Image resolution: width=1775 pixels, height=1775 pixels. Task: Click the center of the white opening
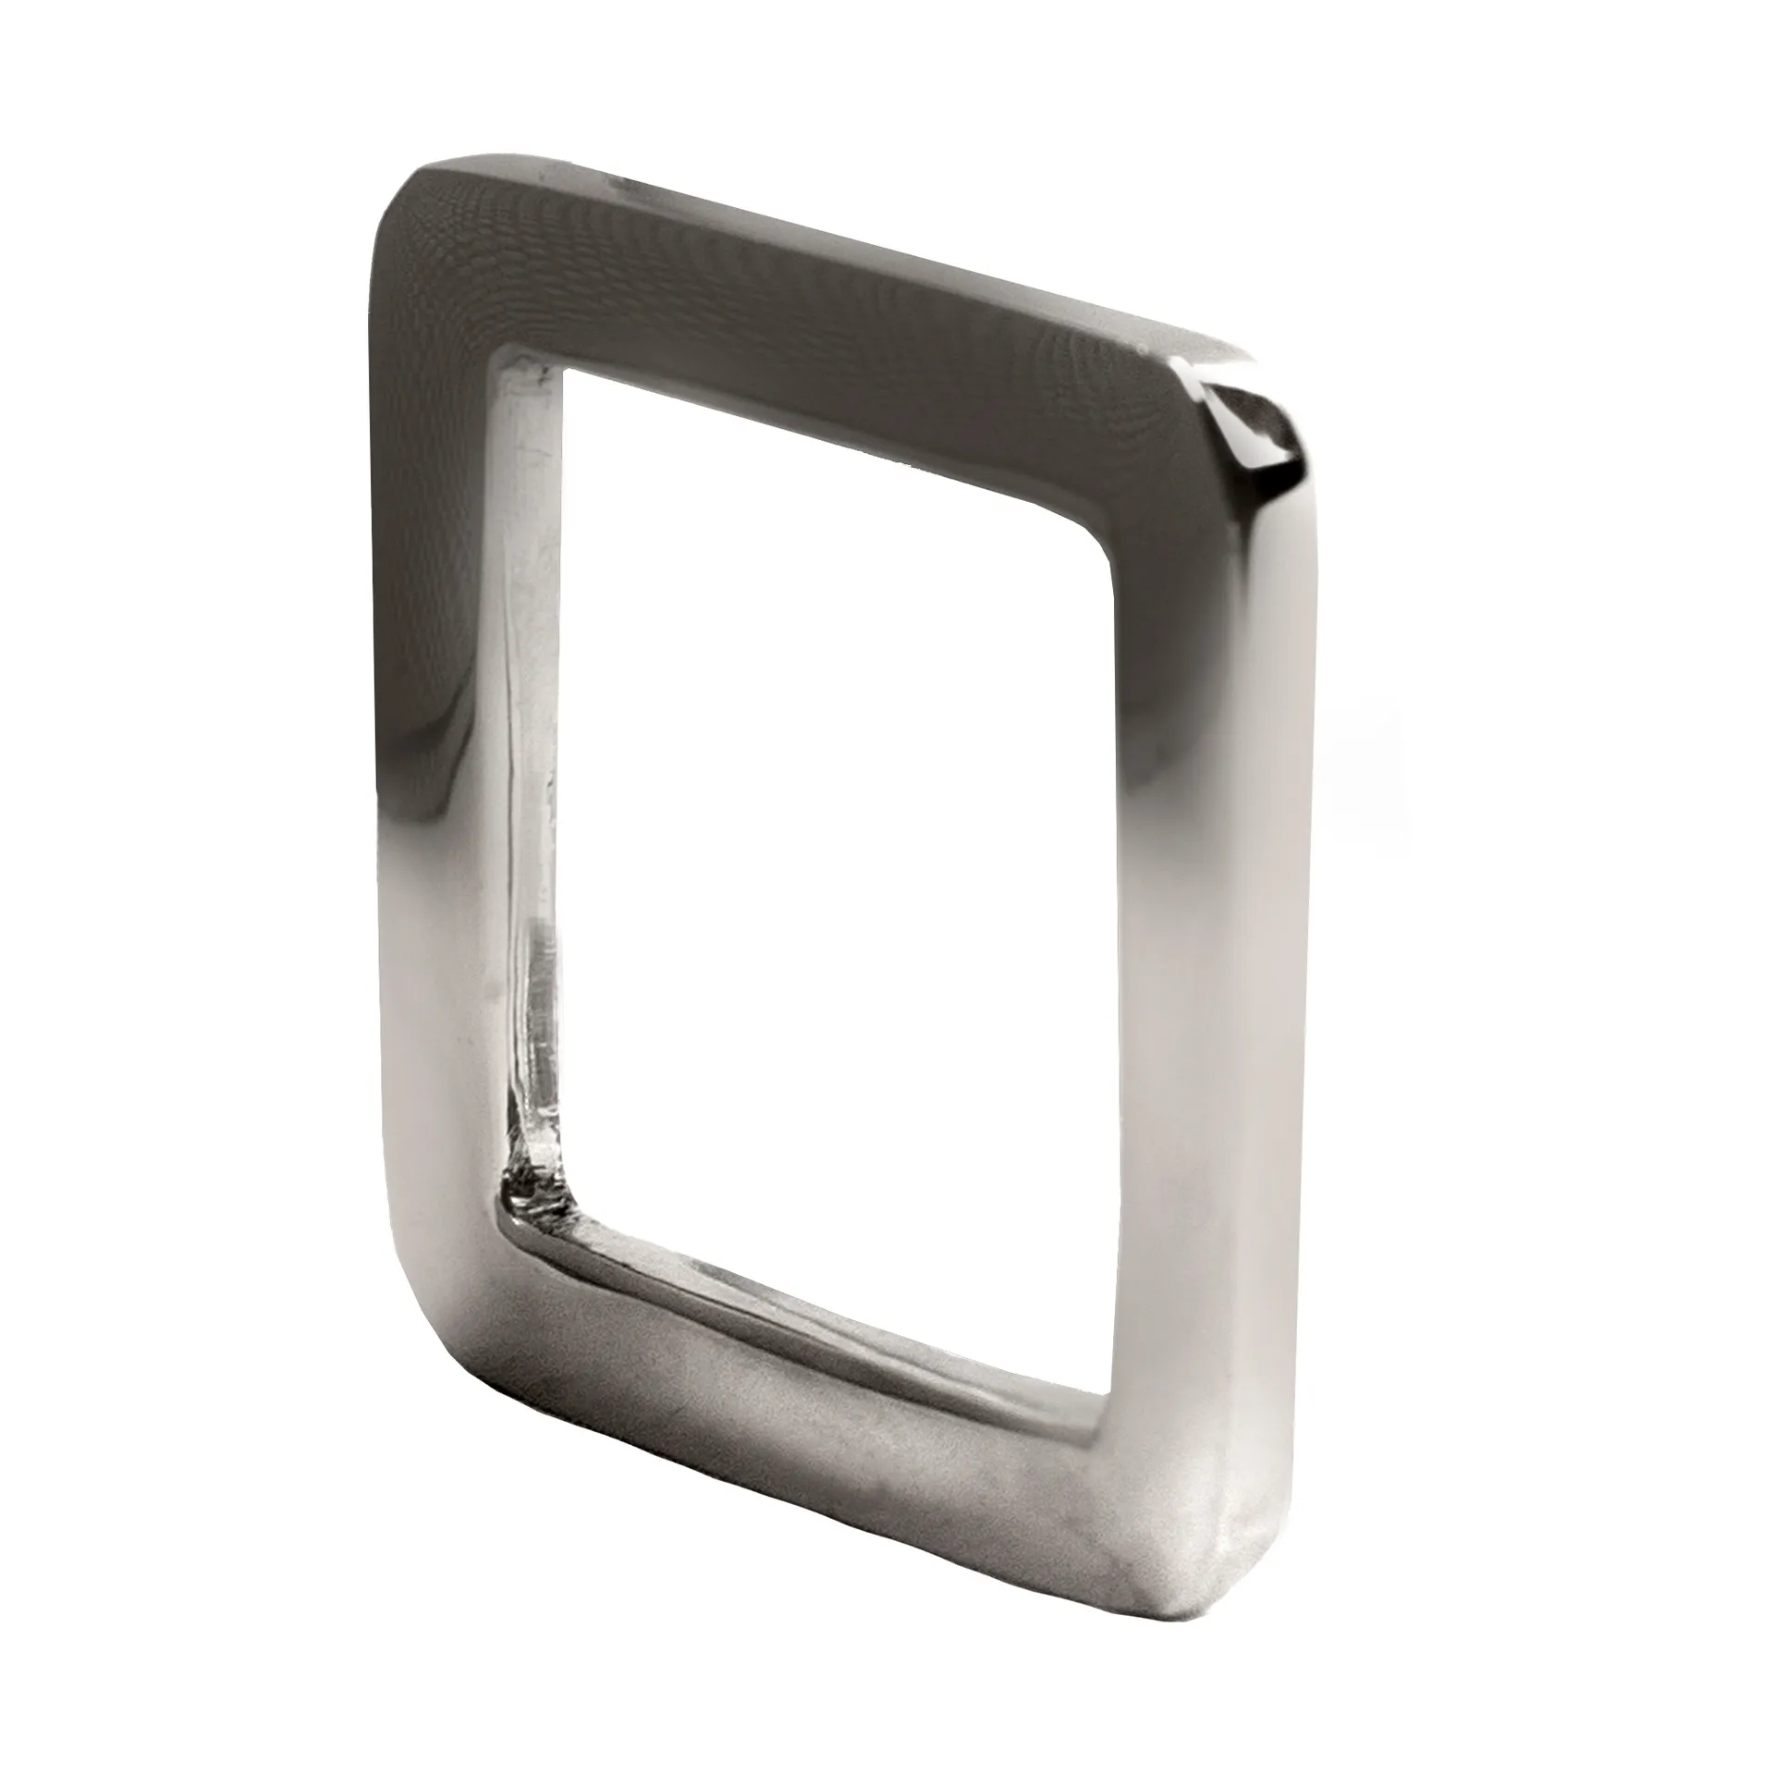click(x=832, y=887)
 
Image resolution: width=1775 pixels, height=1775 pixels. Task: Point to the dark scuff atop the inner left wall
click(x=527, y=370)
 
